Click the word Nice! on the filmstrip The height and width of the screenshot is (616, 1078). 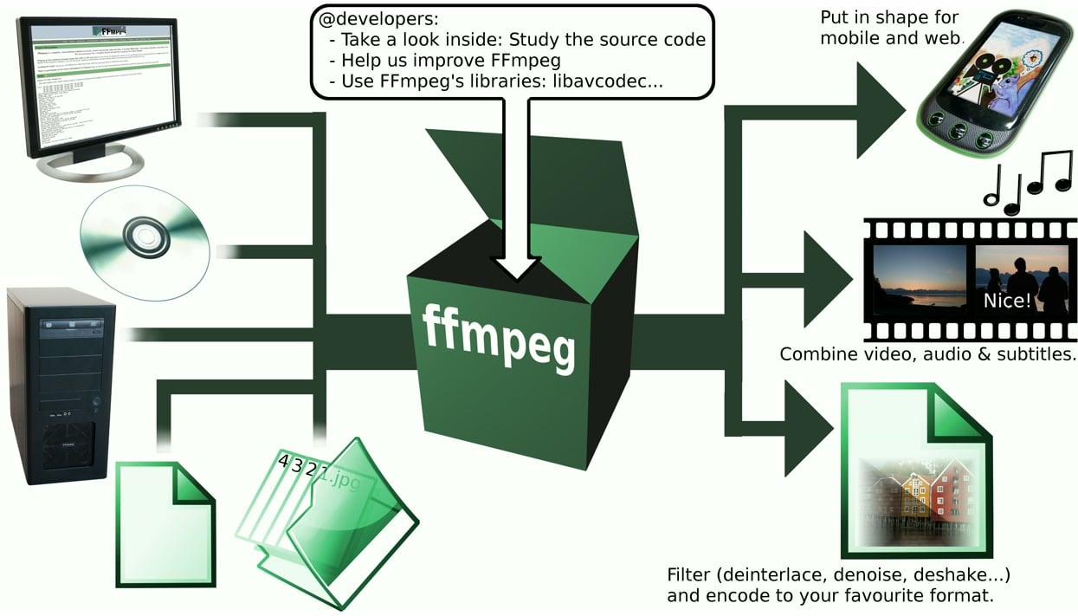[1007, 301]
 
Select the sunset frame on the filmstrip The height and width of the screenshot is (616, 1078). [919, 278]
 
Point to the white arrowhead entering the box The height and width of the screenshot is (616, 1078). [516, 266]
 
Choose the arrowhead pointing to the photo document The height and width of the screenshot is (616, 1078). [805, 428]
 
